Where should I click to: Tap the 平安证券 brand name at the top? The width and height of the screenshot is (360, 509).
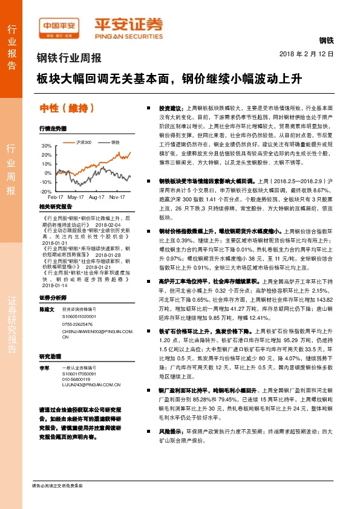tap(128, 26)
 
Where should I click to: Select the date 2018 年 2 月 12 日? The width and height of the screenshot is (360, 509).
tap(307, 54)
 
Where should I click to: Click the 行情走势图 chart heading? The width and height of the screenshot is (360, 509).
tap(53, 129)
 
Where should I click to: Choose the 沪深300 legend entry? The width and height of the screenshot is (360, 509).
tap(83, 142)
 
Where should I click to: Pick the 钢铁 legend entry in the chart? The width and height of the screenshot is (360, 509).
tap(115, 142)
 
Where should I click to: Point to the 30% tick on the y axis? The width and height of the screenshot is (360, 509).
tap(47, 146)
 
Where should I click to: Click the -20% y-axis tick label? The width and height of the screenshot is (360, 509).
tap(46, 191)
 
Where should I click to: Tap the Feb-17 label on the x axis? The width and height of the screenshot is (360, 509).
tap(56, 198)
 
